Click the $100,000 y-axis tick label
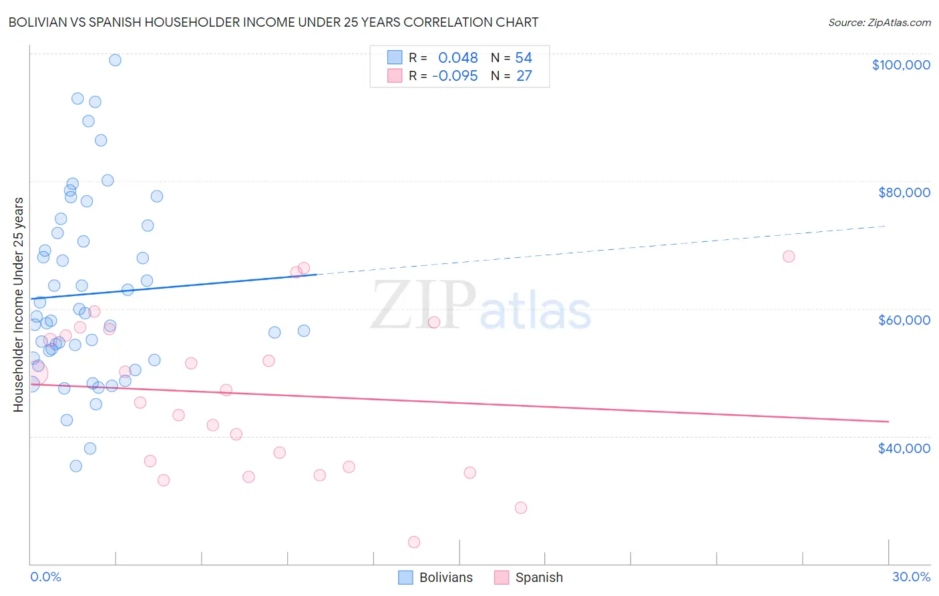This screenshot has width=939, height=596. click(900, 65)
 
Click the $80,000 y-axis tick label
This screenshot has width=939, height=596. click(904, 192)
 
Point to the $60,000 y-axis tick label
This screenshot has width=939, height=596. click(904, 320)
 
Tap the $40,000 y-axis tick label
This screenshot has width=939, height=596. click(904, 448)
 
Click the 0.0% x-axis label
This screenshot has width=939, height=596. click(45, 577)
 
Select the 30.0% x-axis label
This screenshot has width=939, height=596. click(911, 577)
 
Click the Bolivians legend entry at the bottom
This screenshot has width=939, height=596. click(435, 577)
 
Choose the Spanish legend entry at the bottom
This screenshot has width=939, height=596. click(529, 577)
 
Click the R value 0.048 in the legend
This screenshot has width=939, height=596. click(457, 58)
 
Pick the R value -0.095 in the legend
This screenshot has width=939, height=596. click(455, 76)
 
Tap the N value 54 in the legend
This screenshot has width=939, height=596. click(524, 58)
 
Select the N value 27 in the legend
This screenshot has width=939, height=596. click(524, 76)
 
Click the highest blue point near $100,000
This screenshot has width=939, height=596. click(115, 60)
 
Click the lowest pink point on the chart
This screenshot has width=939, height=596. click(414, 542)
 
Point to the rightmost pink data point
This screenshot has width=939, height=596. click(789, 257)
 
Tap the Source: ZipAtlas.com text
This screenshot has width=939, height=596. click(879, 23)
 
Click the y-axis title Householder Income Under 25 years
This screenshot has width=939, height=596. click(19, 304)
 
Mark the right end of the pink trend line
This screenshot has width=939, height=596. click(888, 422)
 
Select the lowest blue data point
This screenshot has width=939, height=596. click(76, 466)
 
